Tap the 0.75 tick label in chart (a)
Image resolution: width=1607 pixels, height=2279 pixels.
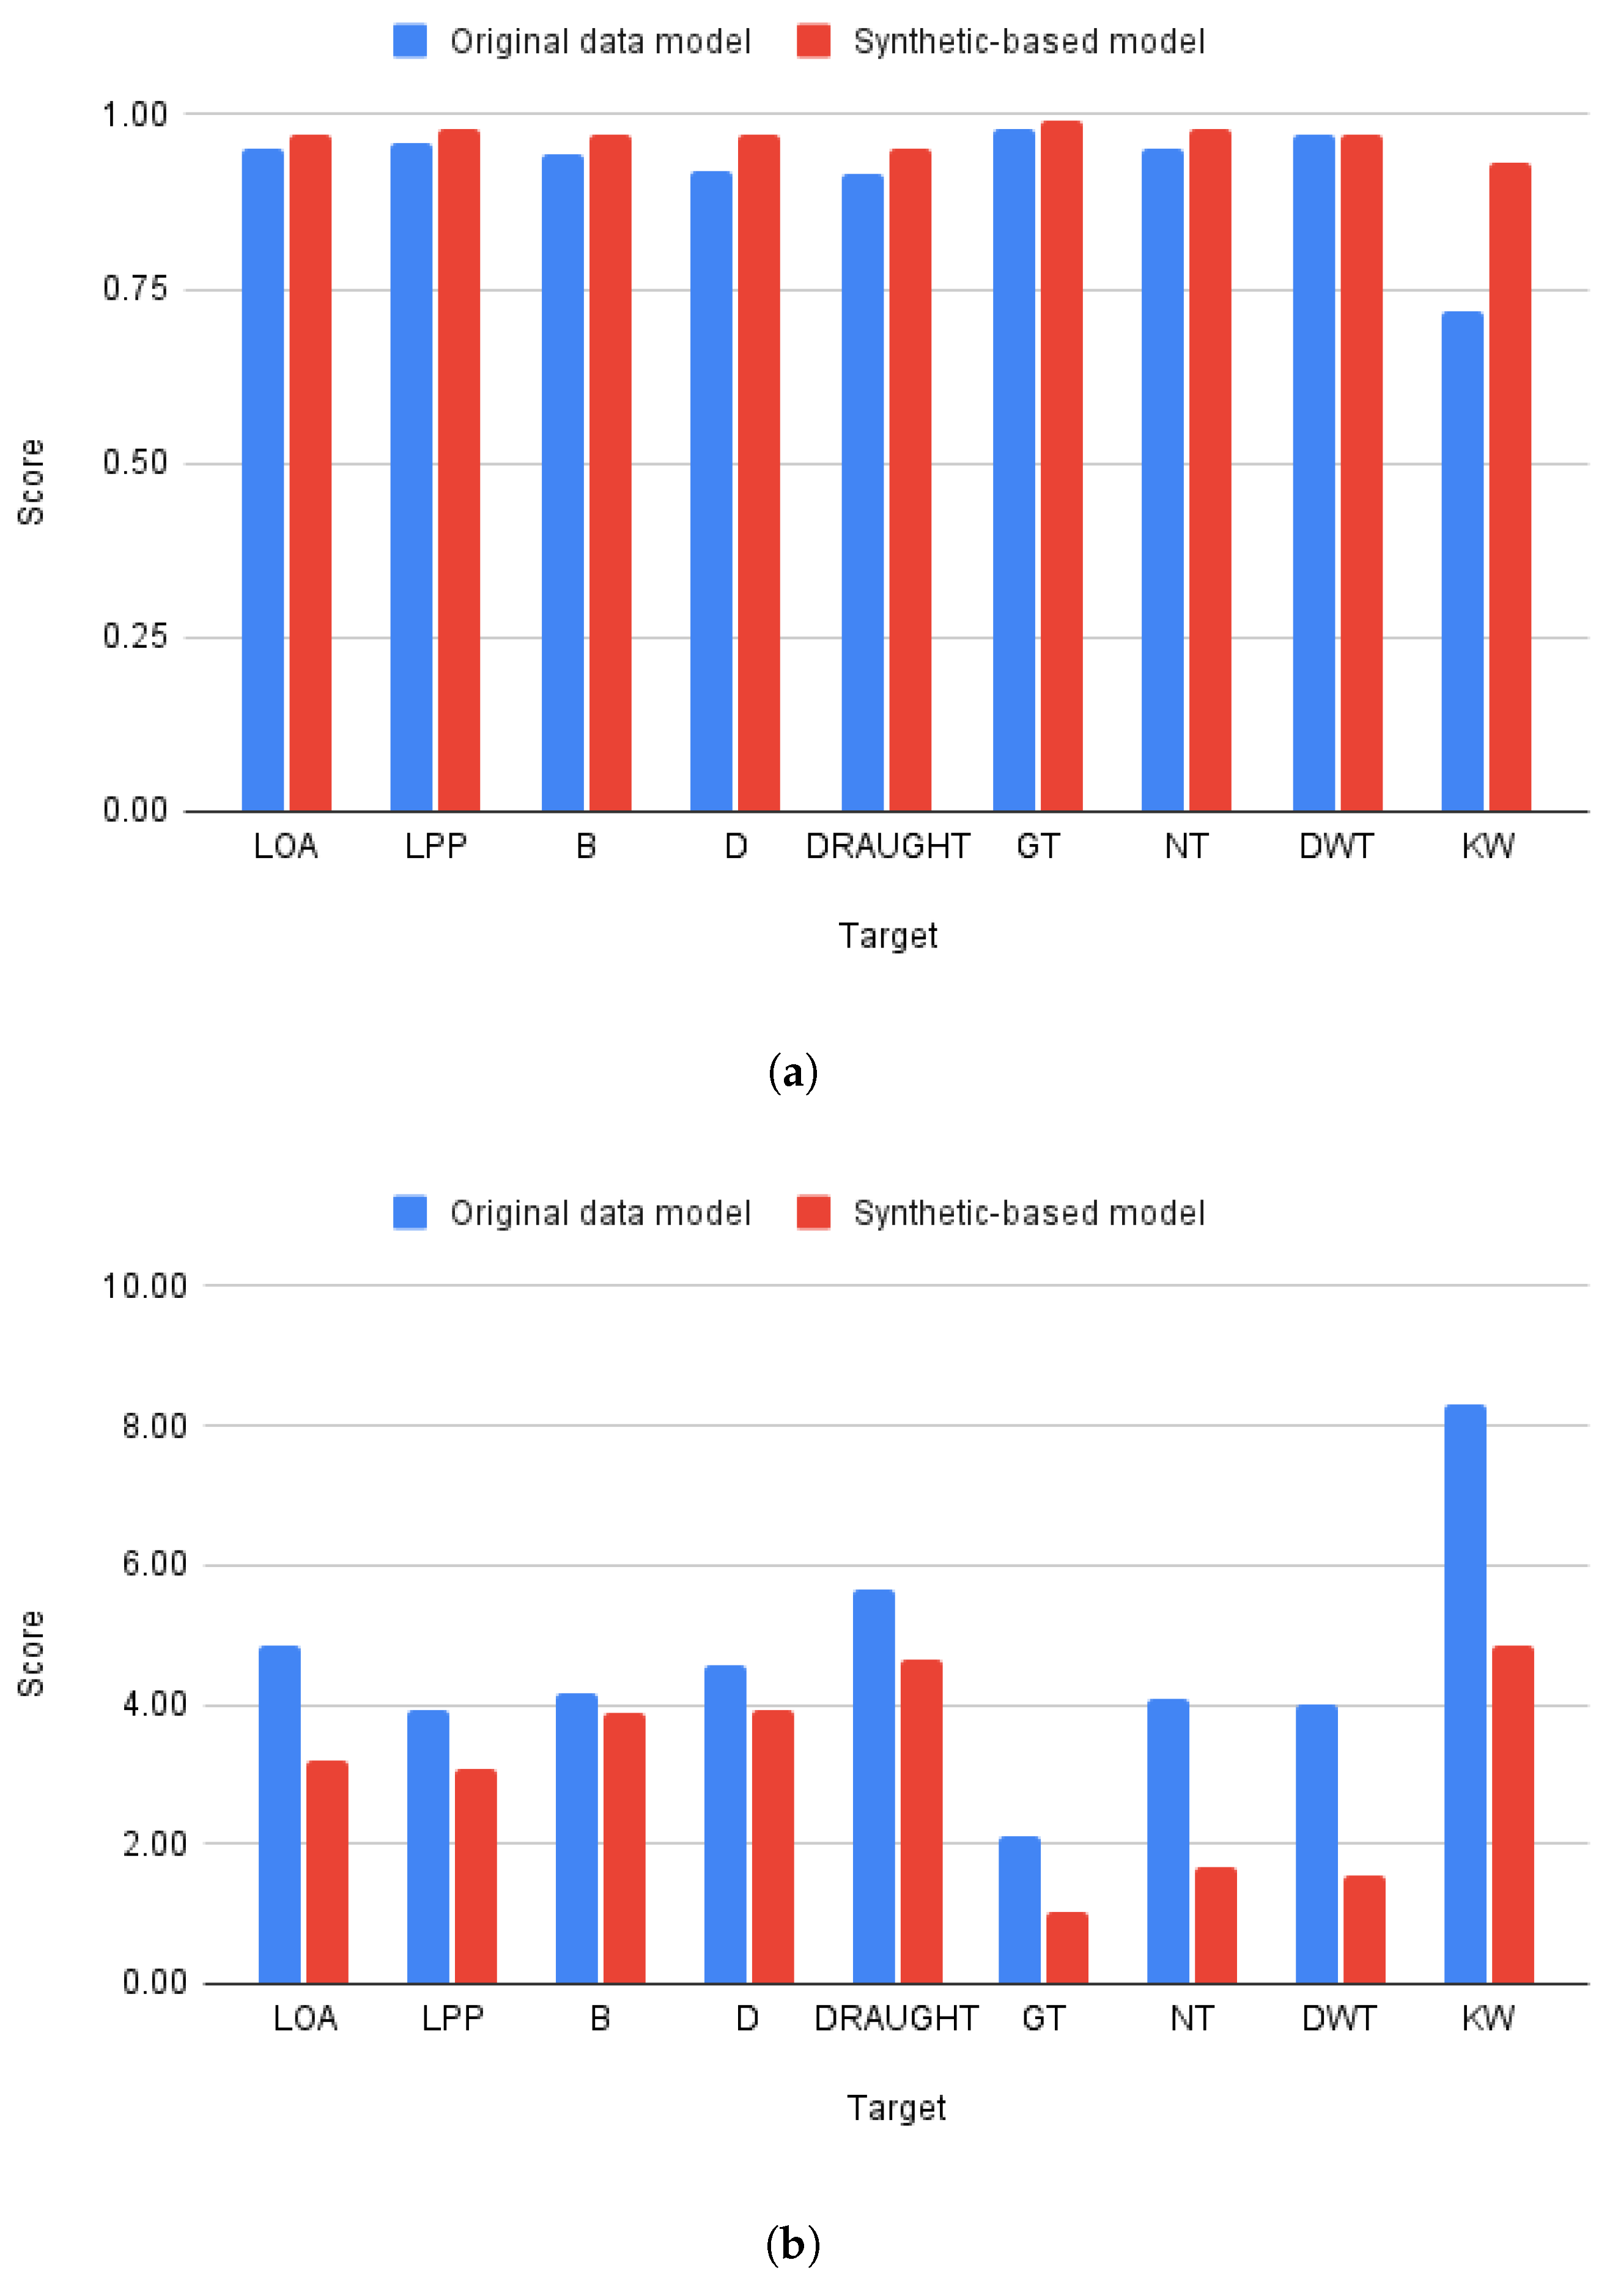click(135, 289)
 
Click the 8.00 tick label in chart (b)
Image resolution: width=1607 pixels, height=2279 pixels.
click(154, 1426)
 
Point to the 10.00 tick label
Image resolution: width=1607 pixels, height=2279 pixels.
click(145, 1286)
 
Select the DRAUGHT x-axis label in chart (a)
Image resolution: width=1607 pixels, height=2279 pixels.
click(887, 847)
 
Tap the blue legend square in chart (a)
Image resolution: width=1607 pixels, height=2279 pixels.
click(410, 42)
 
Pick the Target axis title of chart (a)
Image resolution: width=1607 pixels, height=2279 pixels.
click(887, 936)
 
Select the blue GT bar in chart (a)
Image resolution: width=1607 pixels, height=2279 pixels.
click(1013, 470)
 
